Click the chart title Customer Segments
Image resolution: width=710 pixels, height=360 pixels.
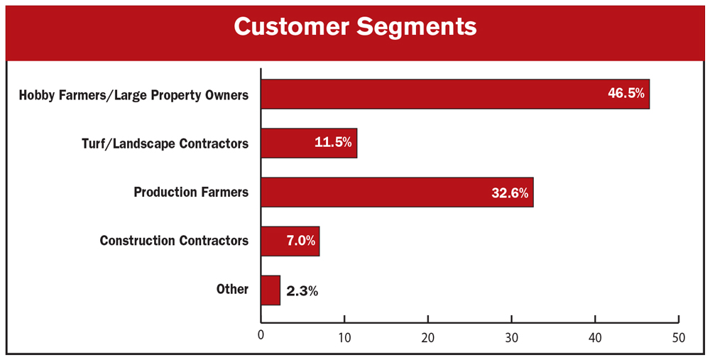[355, 27]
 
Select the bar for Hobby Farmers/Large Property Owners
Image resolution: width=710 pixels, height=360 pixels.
[454, 94]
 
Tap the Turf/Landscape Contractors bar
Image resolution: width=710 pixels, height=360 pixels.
[308, 143]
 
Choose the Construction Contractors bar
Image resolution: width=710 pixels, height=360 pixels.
[290, 241]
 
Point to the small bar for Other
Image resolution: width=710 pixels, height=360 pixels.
[271, 290]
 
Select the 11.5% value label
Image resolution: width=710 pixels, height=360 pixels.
[333, 143]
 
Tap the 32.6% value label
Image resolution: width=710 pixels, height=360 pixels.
[510, 192]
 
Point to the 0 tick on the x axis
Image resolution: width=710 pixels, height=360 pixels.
[261, 337]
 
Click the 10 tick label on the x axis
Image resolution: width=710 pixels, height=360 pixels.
[344, 337]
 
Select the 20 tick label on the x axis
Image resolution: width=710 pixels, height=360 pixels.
[428, 337]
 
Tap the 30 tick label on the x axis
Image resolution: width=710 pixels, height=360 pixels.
[512, 337]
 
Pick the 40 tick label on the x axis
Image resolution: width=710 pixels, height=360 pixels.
[595, 337]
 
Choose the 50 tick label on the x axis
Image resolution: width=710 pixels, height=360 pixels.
[679, 337]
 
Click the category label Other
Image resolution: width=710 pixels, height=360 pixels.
[232, 290]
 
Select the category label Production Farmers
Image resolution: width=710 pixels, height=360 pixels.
[191, 192]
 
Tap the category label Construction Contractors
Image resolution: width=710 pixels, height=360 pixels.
[174, 241]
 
